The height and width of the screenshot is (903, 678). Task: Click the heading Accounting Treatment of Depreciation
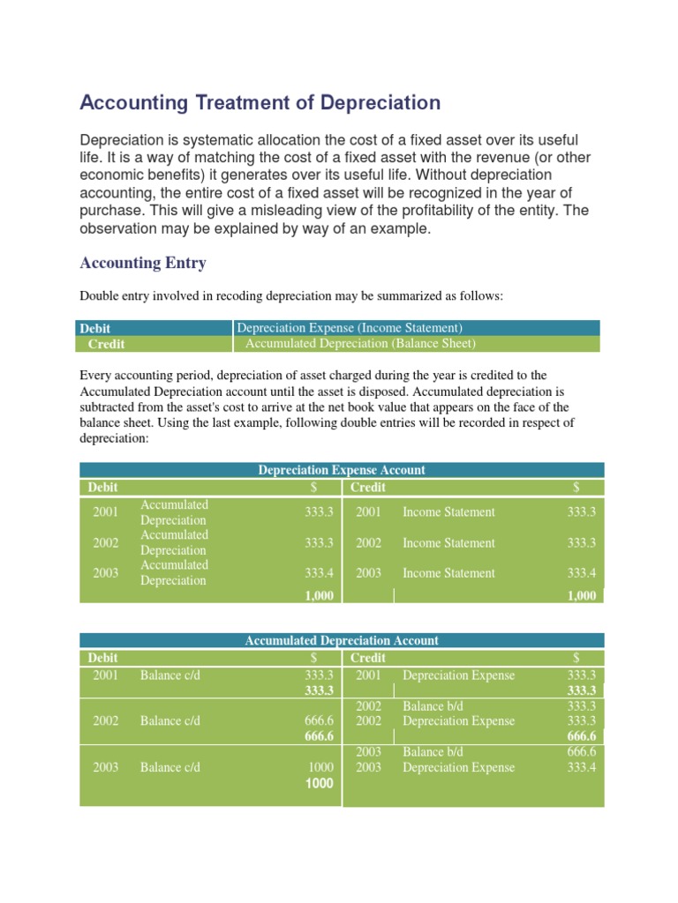pos(260,103)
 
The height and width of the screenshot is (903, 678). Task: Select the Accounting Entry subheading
pos(143,263)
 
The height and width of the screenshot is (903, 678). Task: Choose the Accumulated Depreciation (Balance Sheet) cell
pos(360,344)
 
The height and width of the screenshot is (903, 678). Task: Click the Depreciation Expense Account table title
pos(342,471)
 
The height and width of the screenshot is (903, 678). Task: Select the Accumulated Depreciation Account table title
pos(342,641)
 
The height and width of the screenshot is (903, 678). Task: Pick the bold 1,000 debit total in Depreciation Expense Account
pos(319,596)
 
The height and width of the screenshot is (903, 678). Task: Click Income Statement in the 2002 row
pos(448,543)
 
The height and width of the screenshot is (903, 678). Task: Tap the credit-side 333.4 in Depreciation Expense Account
pos(582,573)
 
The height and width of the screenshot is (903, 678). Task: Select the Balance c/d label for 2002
pos(170,721)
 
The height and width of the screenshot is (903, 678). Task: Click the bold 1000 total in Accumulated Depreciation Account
pos(319,783)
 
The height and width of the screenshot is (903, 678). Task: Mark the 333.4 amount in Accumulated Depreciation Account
pos(582,767)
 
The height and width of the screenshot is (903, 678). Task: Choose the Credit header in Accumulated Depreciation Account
pos(368,658)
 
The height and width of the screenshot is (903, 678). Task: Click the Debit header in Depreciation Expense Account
pos(102,488)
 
